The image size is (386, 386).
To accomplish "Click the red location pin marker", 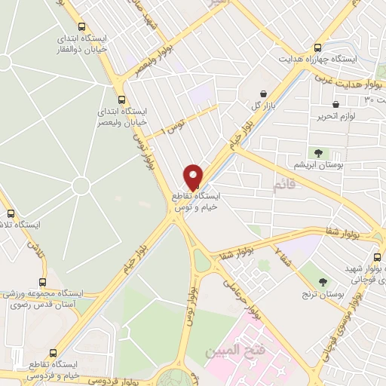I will point(194,176).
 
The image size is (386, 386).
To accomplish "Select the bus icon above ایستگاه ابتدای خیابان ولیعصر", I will point(121,99).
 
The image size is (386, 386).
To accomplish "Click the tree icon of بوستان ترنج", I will point(323,282).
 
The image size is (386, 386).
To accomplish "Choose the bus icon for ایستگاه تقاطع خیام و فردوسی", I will point(52,352).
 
